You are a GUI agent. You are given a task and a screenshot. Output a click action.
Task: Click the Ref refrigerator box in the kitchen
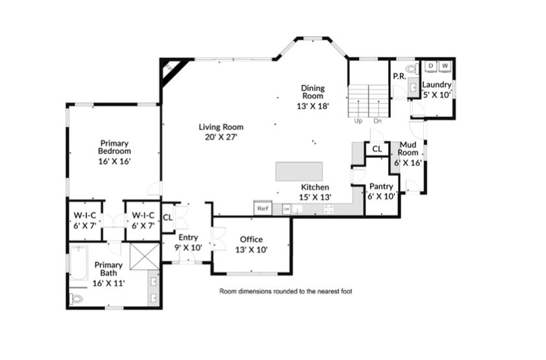pyautogui.click(x=262, y=209)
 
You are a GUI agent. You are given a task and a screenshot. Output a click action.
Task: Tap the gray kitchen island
pyautogui.click(x=299, y=172)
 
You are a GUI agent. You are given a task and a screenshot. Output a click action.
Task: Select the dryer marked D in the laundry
pyautogui.click(x=430, y=66)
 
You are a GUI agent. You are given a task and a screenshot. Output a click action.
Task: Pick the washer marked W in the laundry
pyautogui.click(x=445, y=66)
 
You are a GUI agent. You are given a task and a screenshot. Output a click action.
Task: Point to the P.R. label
pyautogui.click(x=399, y=76)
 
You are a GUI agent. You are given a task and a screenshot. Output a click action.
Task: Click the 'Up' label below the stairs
pyautogui.click(x=358, y=121)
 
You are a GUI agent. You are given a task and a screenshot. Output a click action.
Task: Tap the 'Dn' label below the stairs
pyautogui.click(x=377, y=121)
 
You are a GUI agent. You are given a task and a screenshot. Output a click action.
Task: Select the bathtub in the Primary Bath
pyautogui.click(x=79, y=263)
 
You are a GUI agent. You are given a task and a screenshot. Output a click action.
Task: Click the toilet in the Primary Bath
pyautogui.click(x=77, y=299)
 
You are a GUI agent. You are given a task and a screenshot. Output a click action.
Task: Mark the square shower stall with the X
pyautogui.click(x=143, y=256)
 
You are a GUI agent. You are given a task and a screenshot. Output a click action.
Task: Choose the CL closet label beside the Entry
pyautogui.click(x=167, y=217)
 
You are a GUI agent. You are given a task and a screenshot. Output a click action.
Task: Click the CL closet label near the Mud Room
pyautogui.click(x=377, y=149)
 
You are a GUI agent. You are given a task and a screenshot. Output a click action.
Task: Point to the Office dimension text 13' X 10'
pyautogui.click(x=251, y=250)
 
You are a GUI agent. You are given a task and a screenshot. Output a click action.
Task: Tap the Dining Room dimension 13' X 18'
pyautogui.click(x=312, y=107)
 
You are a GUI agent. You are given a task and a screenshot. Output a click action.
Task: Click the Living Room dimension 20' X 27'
pyautogui.click(x=221, y=137)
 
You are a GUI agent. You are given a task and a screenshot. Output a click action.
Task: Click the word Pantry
pyautogui.click(x=381, y=186)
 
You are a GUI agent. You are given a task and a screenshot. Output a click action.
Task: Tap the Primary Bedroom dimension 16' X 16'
pyautogui.click(x=114, y=161)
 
